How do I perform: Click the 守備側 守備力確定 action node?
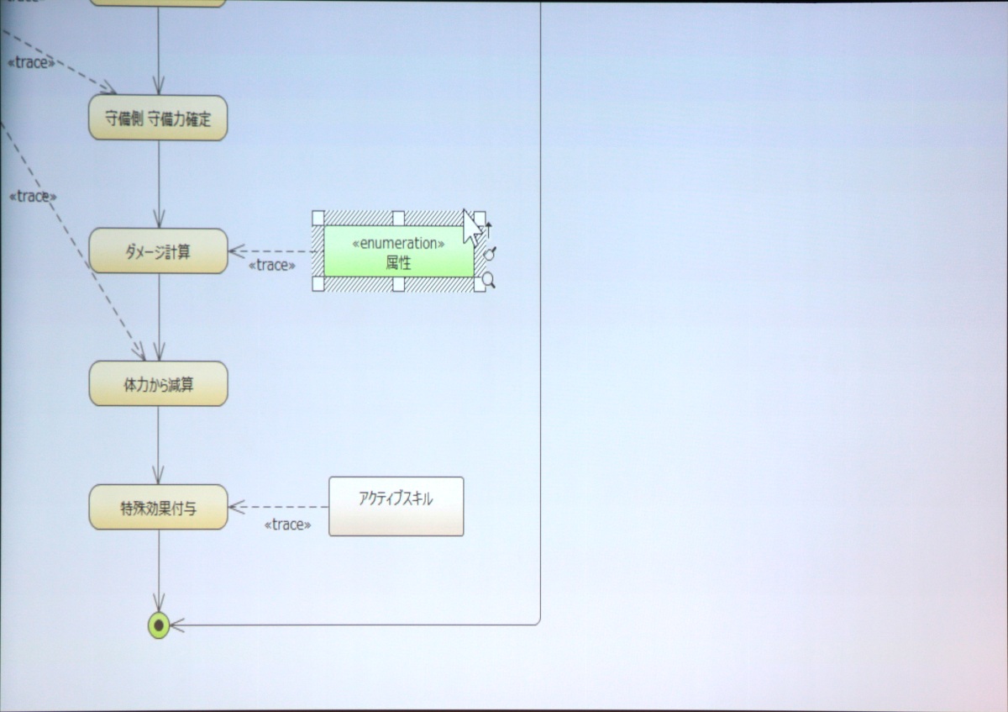click(158, 119)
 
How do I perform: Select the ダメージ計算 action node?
click(158, 251)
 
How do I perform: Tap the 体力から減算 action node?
click(158, 384)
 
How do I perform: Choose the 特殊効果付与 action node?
click(158, 508)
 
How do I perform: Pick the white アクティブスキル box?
click(396, 506)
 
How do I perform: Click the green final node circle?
click(159, 625)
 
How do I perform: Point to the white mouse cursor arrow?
click(471, 225)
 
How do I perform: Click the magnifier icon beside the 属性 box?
click(488, 278)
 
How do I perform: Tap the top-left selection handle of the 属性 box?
click(318, 218)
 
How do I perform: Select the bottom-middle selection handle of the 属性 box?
click(398, 284)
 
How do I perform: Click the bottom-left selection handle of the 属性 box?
click(318, 284)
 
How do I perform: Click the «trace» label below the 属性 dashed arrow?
click(272, 266)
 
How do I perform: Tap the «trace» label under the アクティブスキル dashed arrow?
click(287, 525)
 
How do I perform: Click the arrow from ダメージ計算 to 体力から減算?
click(158, 317)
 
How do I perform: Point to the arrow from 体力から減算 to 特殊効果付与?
click(158, 446)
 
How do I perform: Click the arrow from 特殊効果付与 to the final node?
click(158, 572)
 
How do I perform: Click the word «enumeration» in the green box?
click(398, 244)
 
